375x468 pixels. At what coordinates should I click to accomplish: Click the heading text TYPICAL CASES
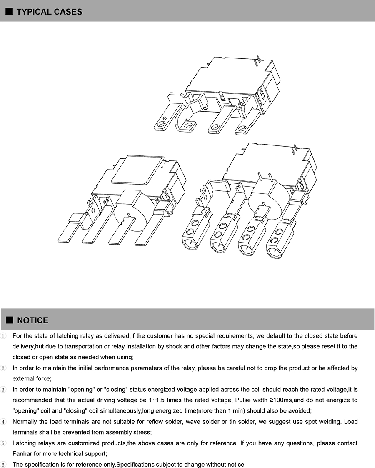pos(49,12)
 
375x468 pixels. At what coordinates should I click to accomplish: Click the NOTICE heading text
pos(32,320)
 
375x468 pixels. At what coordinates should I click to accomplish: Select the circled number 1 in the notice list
pos(4,336)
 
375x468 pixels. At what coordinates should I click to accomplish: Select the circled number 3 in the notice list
pos(4,390)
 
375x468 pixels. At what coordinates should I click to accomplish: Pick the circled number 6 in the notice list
pos(4,465)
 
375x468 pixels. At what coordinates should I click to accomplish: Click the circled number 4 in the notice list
pos(4,422)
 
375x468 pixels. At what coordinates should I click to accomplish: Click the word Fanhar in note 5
pos(22,454)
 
